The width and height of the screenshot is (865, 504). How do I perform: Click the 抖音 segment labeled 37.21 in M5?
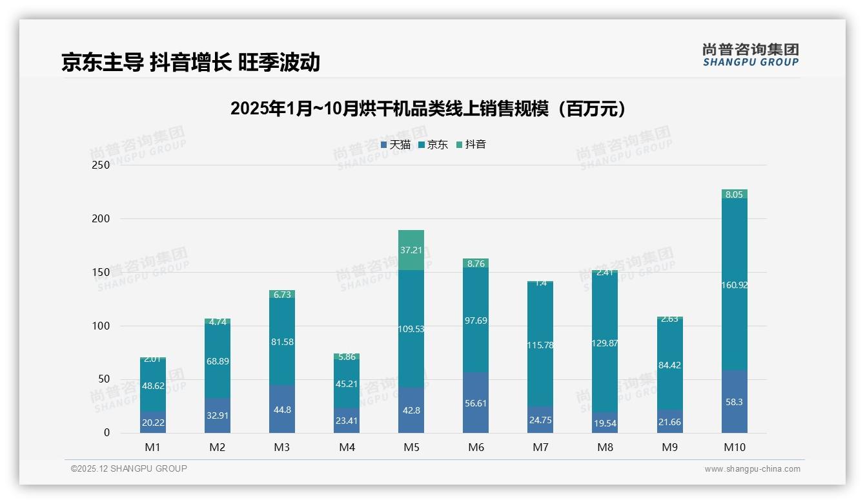coord(411,250)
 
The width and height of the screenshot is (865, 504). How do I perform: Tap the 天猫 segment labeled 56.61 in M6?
coord(476,403)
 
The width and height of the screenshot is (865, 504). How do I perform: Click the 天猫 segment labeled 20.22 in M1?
coord(153,423)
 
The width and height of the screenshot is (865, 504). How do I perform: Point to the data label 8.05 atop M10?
coord(734,194)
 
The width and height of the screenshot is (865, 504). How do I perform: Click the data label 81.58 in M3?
coord(282,342)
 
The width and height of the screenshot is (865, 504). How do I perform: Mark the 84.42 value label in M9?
coord(669,365)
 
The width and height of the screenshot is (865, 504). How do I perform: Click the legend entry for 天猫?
coord(395,145)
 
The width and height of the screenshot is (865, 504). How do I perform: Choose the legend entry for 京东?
coord(433,145)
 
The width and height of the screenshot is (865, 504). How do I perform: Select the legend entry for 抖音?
coord(471,145)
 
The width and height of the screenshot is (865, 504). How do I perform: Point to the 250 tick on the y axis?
coord(101,165)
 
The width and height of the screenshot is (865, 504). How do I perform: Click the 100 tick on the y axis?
coord(101,326)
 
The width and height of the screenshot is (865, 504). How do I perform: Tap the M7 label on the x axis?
coord(540,447)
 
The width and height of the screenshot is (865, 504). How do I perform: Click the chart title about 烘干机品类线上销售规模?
coord(428,109)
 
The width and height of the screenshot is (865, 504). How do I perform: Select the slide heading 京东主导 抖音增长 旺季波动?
coord(190,62)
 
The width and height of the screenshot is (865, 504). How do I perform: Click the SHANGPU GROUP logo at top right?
coord(750,55)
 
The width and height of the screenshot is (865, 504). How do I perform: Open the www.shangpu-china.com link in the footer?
coord(752,469)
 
